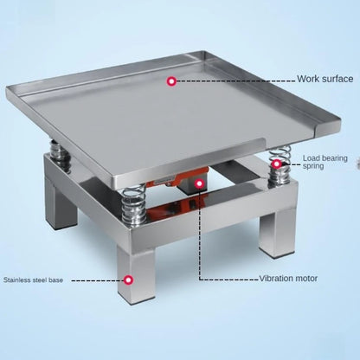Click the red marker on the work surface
(x=171, y=80)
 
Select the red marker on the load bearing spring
(x=277, y=164)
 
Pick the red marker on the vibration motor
(x=200, y=184)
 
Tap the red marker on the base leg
(x=129, y=280)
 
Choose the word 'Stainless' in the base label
(x=18, y=280)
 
